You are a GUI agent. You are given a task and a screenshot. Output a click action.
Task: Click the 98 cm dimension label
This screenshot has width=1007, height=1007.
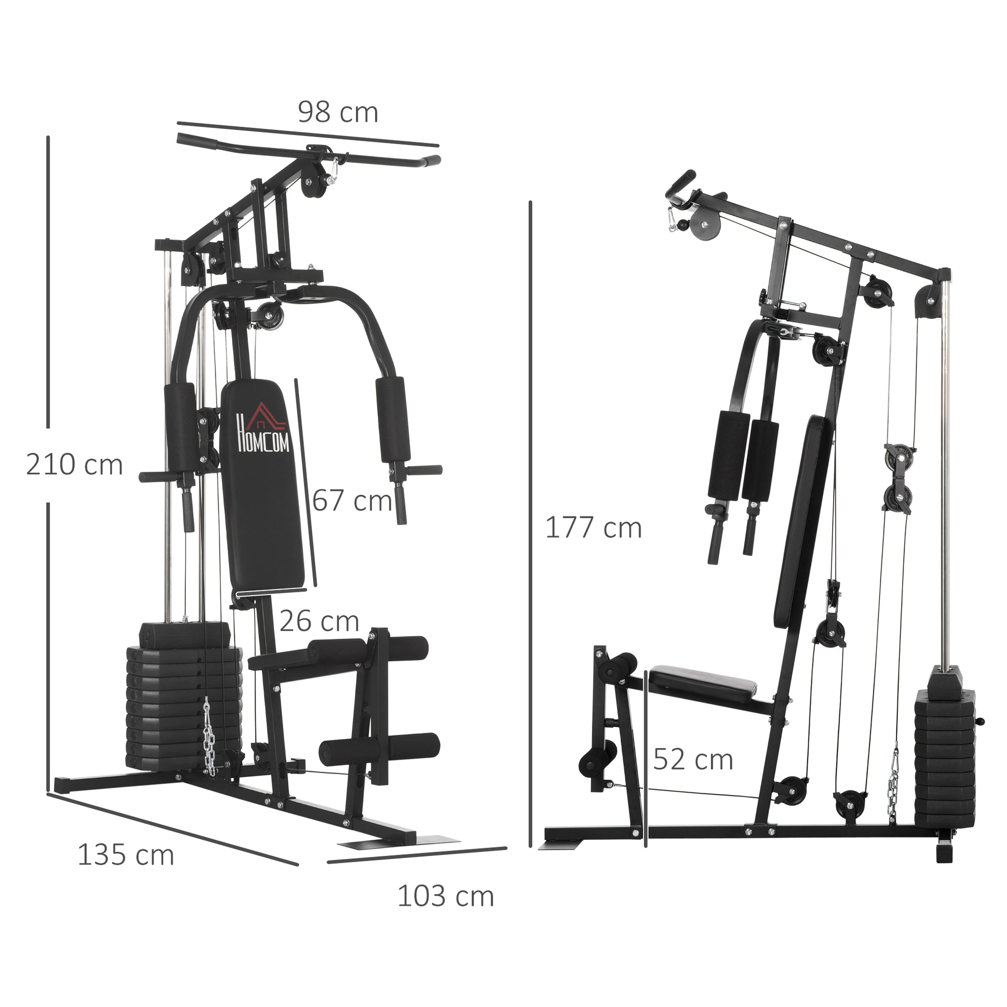[338, 113]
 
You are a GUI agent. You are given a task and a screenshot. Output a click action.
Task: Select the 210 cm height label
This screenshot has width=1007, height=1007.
[74, 465]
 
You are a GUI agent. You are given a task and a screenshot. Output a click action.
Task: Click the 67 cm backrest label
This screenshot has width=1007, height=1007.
[352, 501]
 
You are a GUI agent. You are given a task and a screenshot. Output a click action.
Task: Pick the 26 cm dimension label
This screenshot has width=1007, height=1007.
[319, 621]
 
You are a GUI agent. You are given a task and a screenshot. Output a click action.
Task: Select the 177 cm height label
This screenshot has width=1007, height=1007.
[593, 527]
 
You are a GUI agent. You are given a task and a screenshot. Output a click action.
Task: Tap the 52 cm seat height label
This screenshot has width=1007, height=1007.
[693, 760]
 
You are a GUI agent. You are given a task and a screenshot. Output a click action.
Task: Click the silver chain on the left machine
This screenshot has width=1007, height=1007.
[211, 737]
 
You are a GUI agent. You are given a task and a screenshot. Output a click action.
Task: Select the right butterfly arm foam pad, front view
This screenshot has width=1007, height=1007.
[392, 420]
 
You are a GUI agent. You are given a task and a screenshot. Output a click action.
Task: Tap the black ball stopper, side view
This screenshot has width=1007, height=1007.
[682, 226]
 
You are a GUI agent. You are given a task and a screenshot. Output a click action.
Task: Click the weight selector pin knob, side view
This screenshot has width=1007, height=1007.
[982, 721]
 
